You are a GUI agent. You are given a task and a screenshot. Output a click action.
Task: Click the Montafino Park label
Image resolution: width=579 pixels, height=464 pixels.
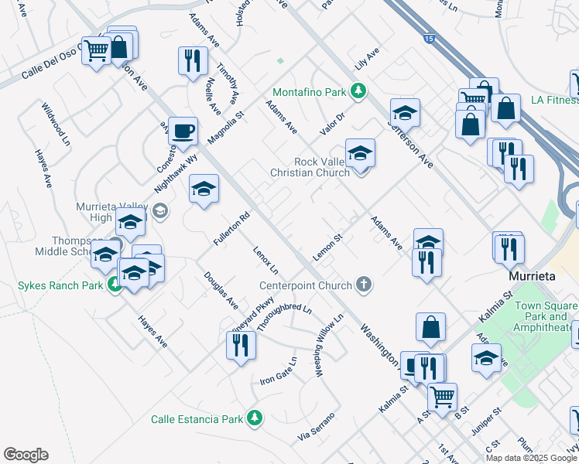pyautogui.click(x=313, y=92)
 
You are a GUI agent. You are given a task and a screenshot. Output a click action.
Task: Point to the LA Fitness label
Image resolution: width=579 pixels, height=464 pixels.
pyautogui.click(x=554, y=100)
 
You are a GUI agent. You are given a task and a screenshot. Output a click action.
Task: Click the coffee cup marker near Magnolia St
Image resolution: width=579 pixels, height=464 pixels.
pyautogui.click(x=183, y=130)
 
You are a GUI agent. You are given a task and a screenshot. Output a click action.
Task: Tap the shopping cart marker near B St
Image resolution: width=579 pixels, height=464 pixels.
pyautogui.click(x=442, y=397)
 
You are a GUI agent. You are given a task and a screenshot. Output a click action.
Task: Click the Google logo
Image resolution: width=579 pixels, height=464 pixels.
pyautogui.click(x=26, y=455)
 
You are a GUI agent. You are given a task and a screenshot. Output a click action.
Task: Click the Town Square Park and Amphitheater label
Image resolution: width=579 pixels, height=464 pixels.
pyautogui.click(x=546, y=316)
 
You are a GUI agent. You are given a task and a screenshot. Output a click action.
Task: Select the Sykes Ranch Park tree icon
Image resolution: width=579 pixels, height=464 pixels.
pyautogui.click(x=115, y=285)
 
